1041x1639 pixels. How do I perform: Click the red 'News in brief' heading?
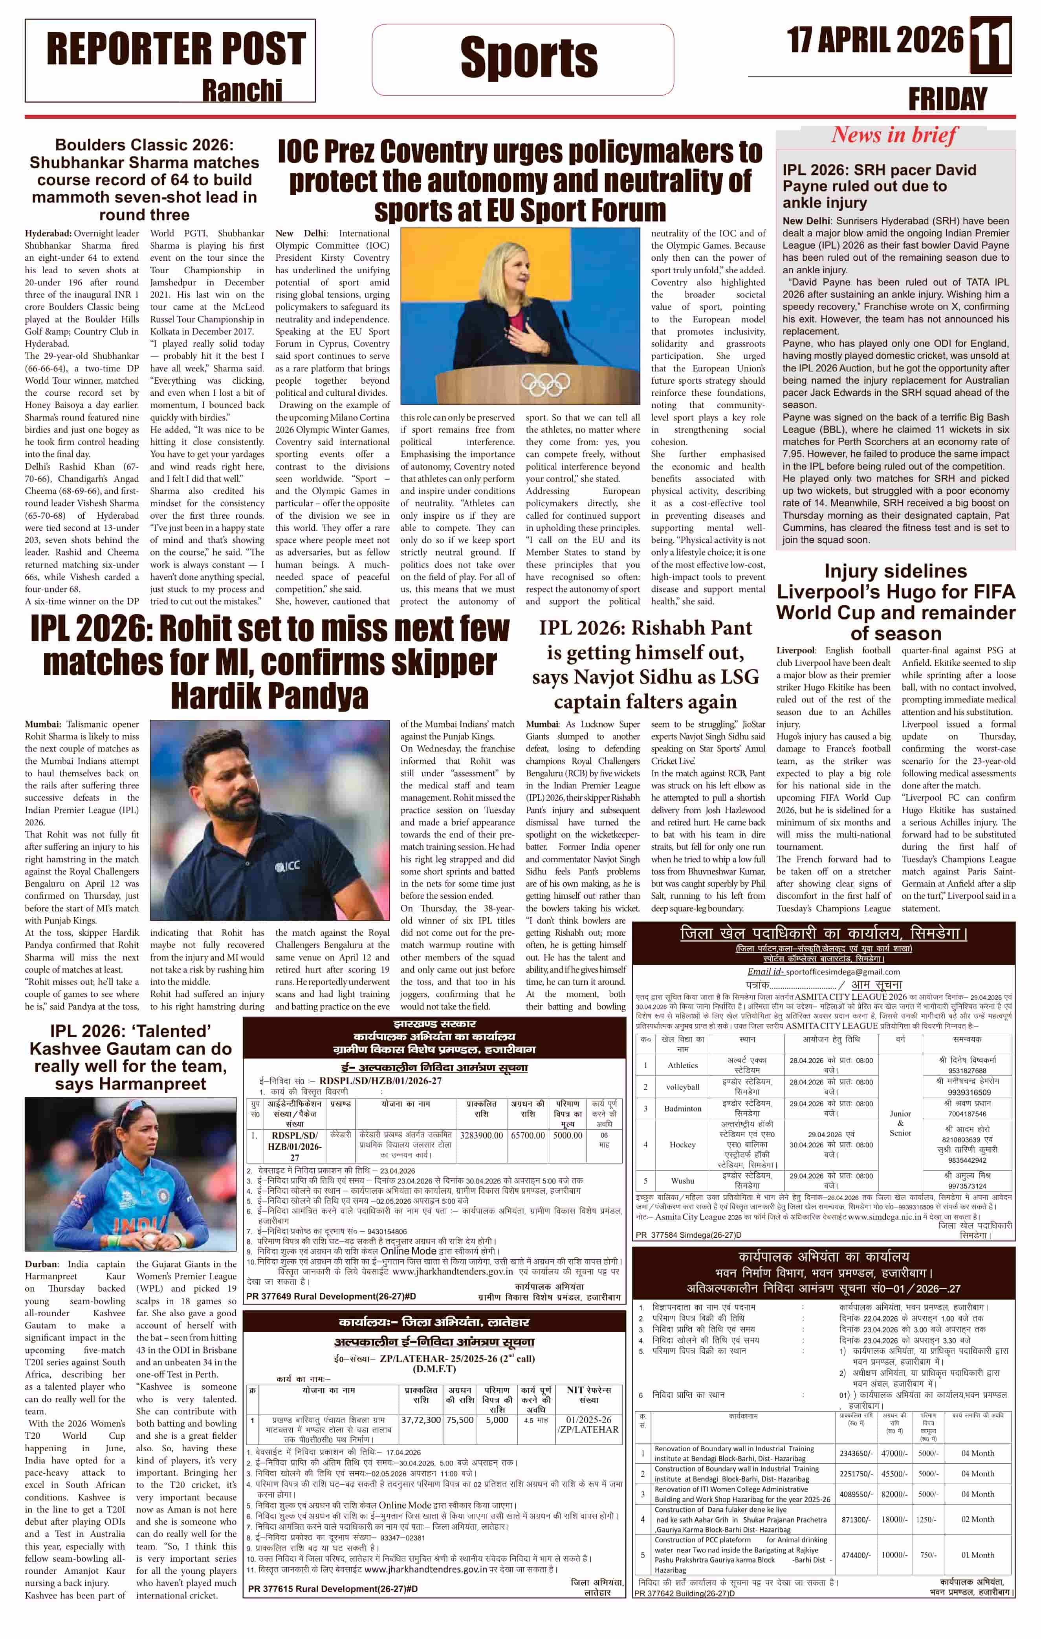[894, 135]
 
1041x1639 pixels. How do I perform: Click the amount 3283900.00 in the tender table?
[481, 1135]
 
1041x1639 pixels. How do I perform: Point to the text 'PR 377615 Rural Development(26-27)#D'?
[332, 1589]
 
